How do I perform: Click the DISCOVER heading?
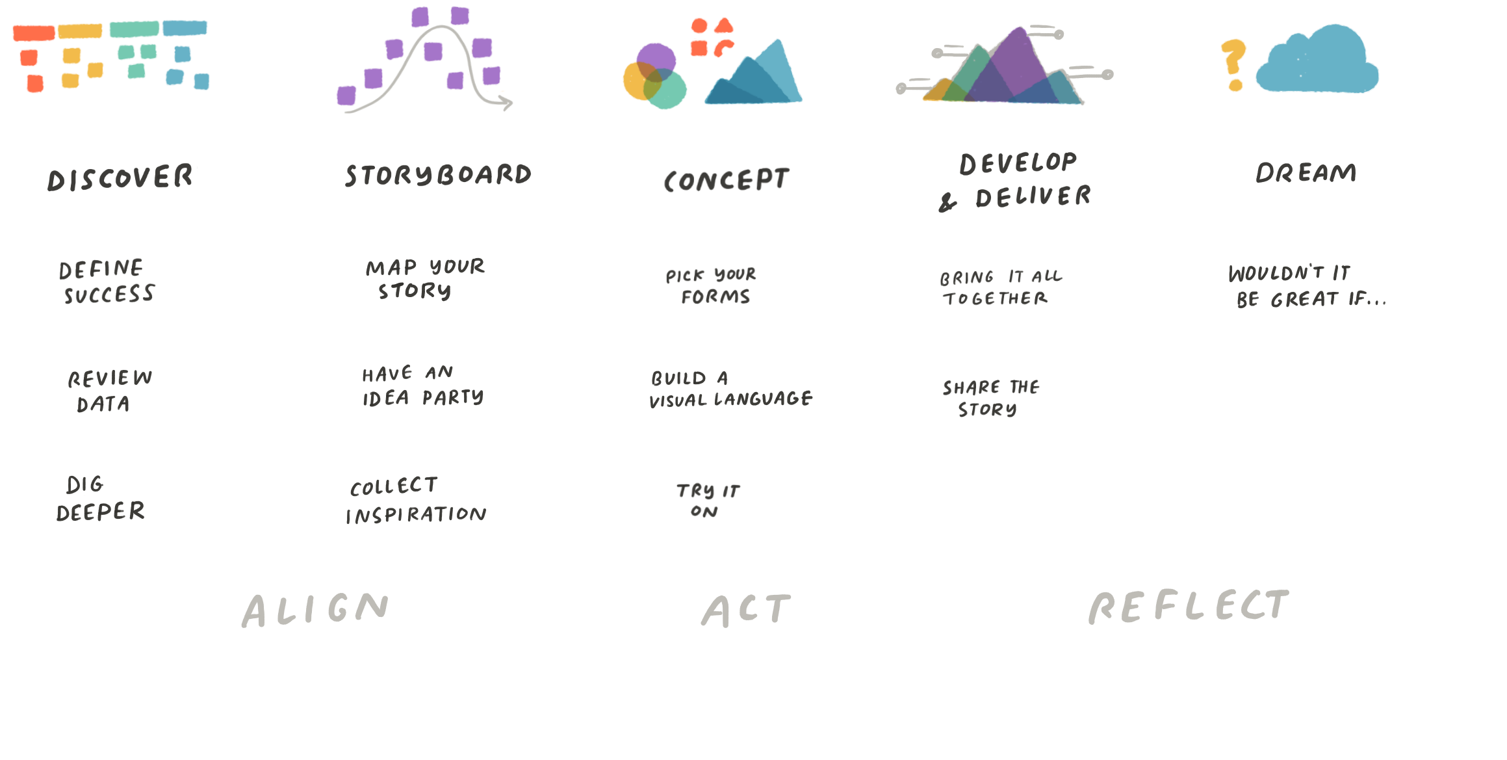[120, 177]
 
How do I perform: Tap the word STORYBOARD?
[438, 176]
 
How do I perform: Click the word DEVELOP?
[1018, 163]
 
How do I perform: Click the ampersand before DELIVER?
[948, 202]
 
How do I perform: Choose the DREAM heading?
[1306, 173]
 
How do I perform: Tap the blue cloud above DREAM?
[1319, 65]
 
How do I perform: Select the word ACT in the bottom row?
[747, 612]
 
